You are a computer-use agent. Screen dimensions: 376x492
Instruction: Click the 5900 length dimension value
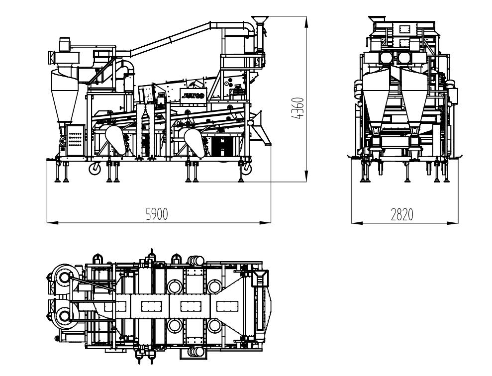(157, 214)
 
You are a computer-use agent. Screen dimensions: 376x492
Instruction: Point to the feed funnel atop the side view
(259, 21)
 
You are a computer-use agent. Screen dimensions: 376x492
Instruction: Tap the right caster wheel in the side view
(246, 169)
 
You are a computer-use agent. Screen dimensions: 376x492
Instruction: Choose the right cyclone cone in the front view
(415, 97)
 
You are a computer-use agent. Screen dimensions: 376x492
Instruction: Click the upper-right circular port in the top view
(214, 286)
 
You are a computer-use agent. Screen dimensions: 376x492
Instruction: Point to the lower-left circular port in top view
(175, 326)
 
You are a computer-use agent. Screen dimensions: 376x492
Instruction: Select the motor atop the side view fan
(66, 44)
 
